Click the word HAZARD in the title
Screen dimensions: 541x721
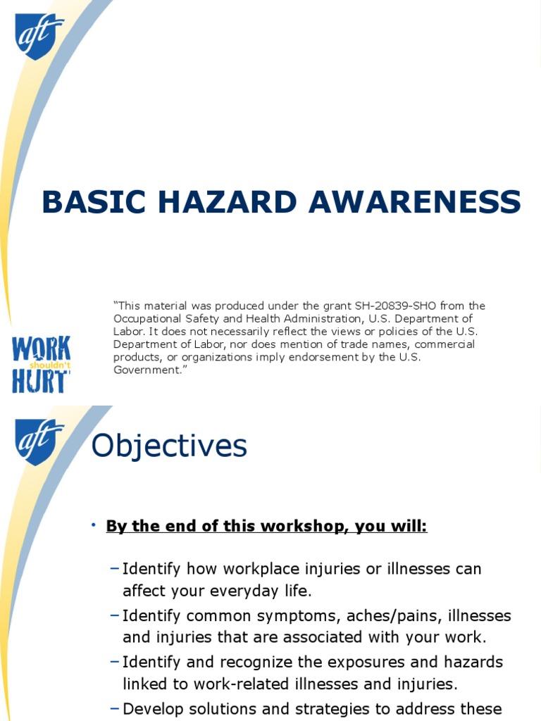[x=228, y=202]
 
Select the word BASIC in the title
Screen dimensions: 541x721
[x=94, y=202]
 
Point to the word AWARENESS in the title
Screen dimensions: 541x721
[x=415, y=202]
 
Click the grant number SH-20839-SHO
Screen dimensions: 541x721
[x=395, y=306]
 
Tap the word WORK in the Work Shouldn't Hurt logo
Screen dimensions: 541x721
[x=42, y=349]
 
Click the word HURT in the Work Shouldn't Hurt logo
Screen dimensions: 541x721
[x=39, y=381]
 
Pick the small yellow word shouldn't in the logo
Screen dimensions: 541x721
[x=50, y=365]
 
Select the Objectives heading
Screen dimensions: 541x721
[x=169, y=446]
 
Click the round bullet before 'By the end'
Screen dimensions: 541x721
[x=94, y=525]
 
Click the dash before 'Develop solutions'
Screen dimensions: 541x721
[x=115, y=708]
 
